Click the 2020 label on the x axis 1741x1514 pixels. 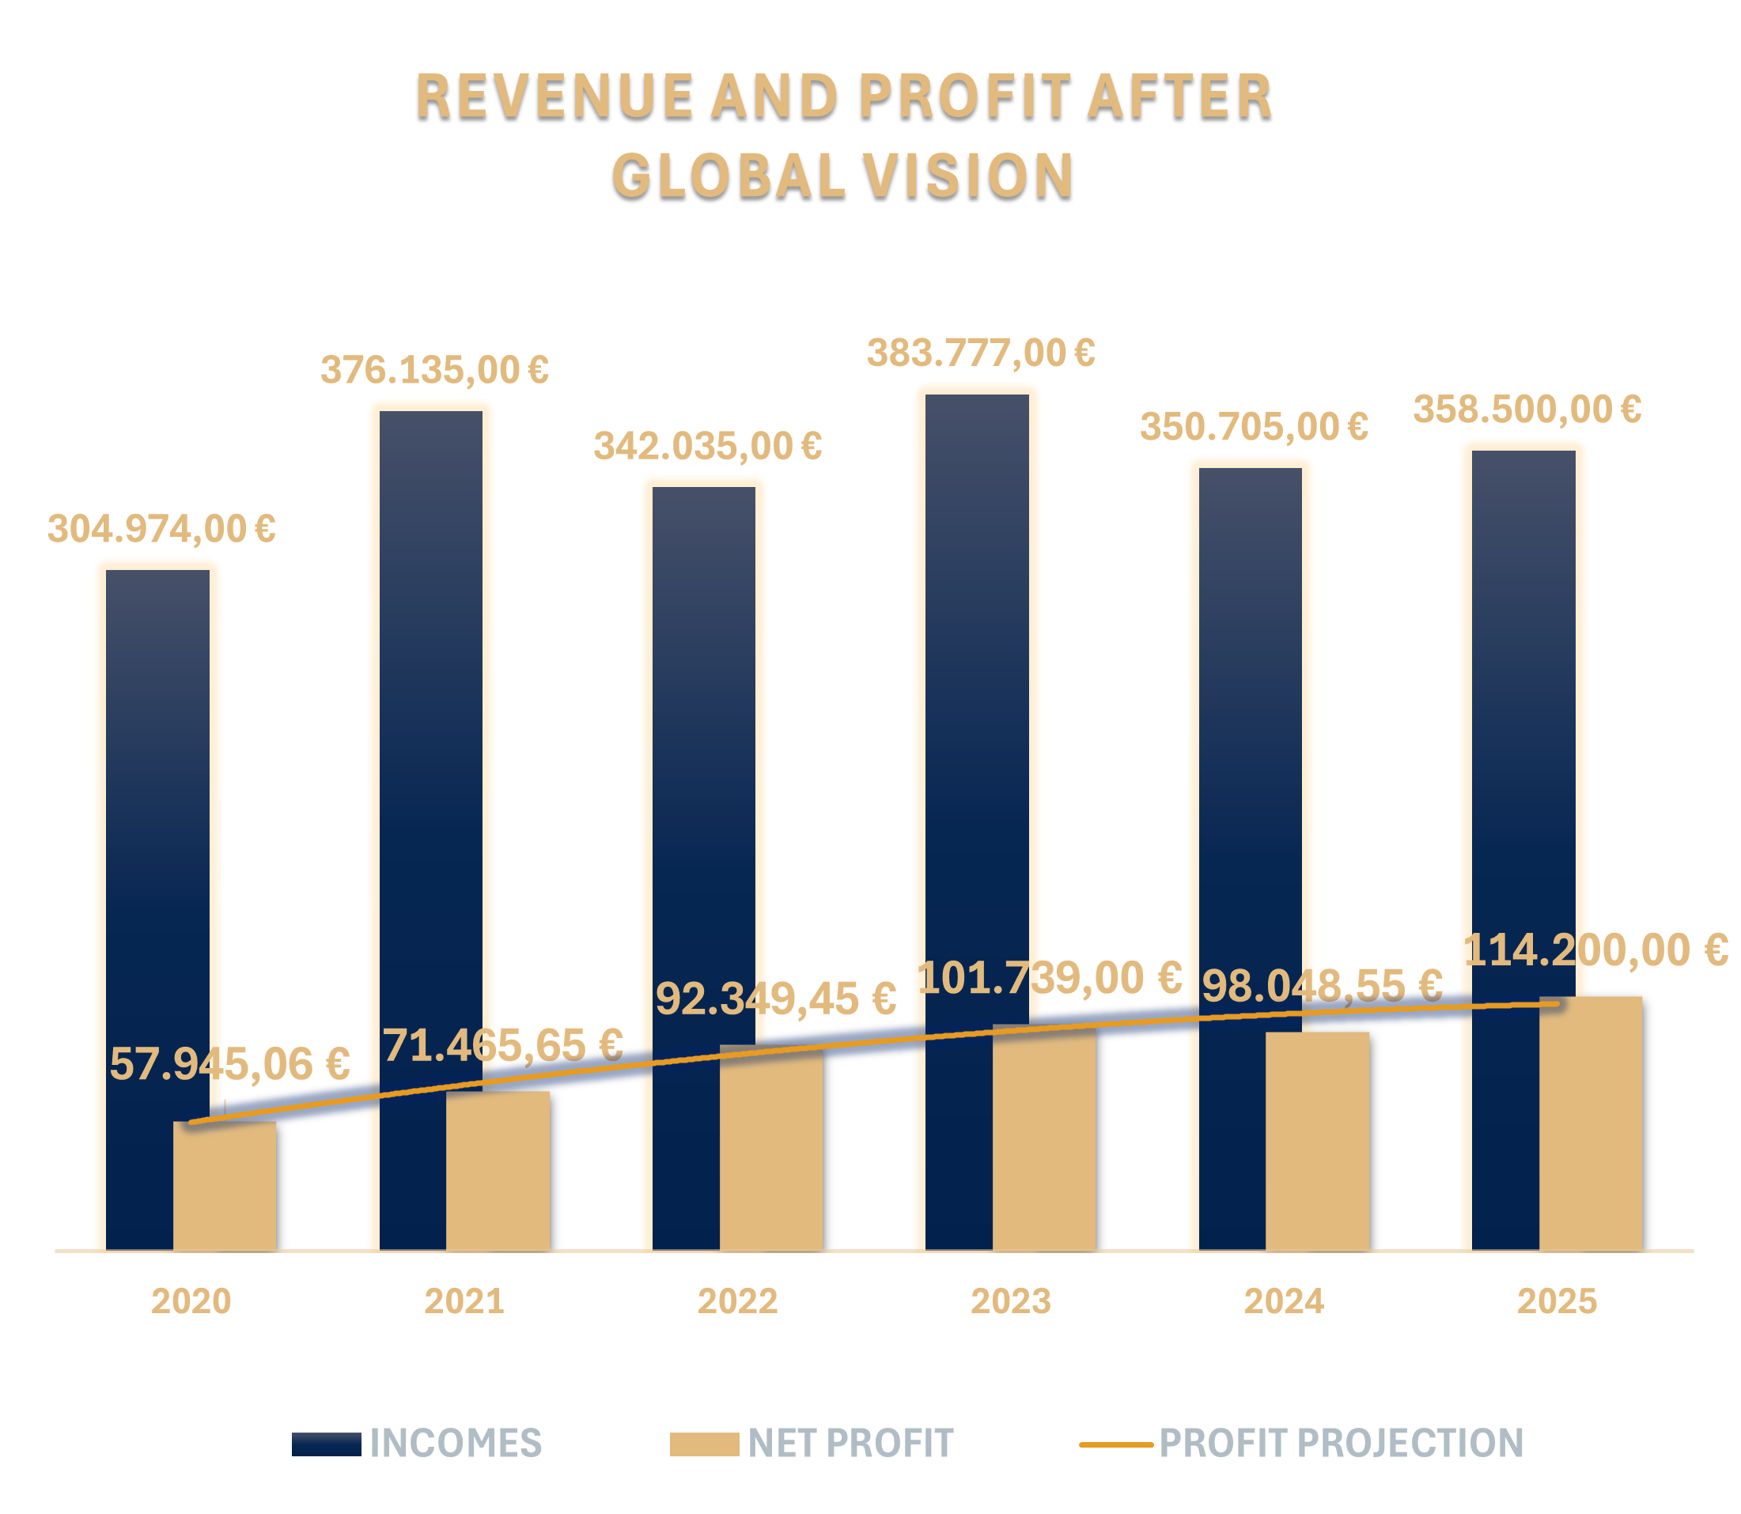191,1301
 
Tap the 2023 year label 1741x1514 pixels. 1011,1301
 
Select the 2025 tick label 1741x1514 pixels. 1557,1301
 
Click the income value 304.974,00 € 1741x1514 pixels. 161,530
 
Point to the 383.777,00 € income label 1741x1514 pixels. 981,353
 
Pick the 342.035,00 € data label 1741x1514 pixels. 707,446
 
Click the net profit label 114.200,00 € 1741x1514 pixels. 1595,950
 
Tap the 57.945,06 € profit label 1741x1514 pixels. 230,1063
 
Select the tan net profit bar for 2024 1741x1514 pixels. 1318,1141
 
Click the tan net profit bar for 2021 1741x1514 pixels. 498,1170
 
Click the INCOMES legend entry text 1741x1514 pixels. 456,1443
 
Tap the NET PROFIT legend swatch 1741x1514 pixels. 704,1444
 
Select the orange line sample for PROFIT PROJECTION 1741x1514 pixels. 1115,1444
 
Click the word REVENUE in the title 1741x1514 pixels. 554,96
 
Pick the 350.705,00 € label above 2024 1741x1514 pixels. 1255,427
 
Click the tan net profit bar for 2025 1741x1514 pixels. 1591,1123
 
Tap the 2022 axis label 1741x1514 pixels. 737,1301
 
